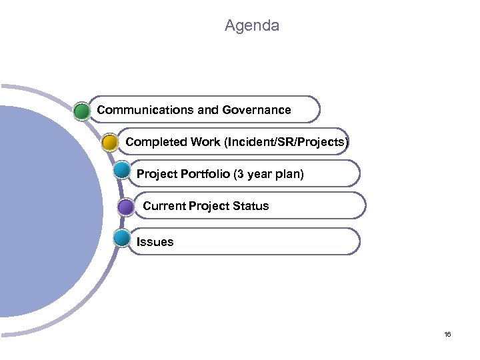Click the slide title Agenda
[252, 26]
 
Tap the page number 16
[447, 334]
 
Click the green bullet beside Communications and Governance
[82, 110]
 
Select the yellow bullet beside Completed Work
[110, 142]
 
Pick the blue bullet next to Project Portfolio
[121, 169]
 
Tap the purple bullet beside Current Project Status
[125, 207]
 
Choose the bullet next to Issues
[121, 238]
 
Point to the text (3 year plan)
[268, 174]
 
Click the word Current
[164, 206]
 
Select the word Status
[250, 206]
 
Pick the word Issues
[155, 242]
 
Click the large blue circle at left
[47, 220]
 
